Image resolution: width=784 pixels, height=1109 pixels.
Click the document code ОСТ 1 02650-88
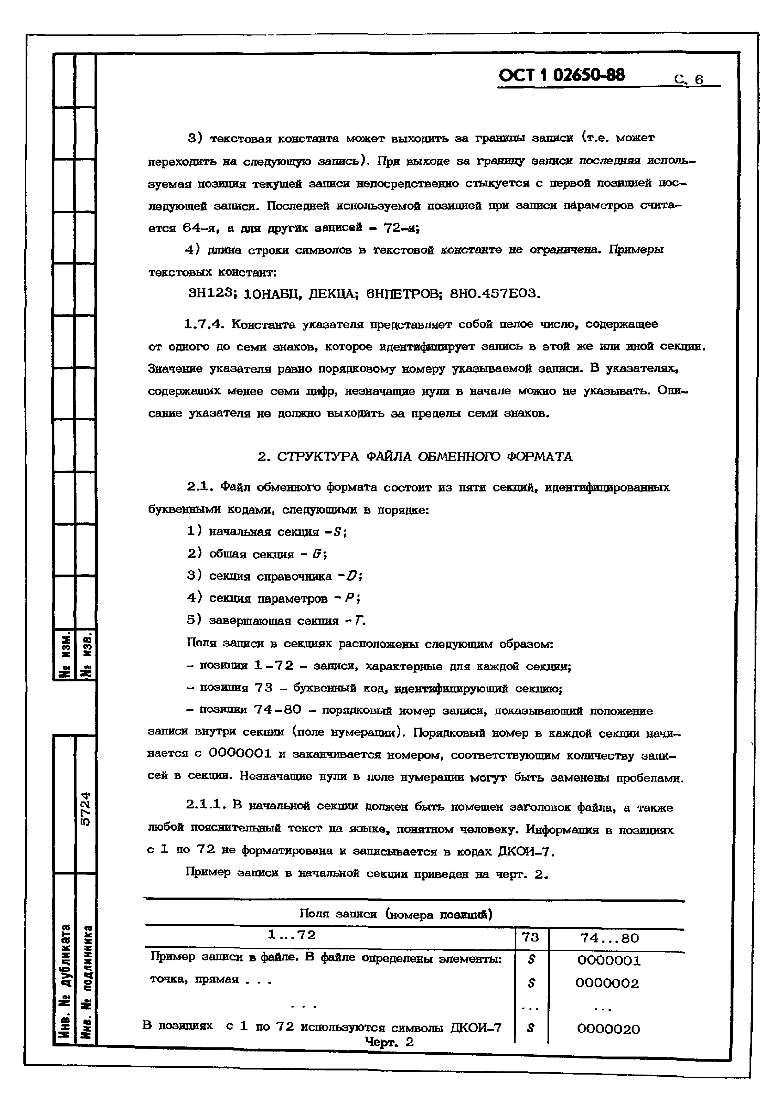tap(561, 75)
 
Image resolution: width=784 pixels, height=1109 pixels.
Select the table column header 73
tap(530, 937)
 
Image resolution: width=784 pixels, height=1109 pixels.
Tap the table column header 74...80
tap(609, 938)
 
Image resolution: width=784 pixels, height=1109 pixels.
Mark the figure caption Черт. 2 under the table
tap(389, 1042)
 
